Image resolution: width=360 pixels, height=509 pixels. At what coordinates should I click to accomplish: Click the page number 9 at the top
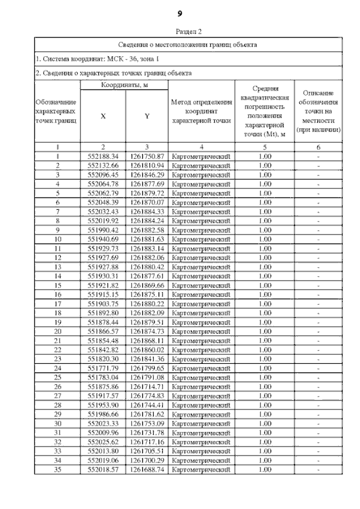point(180,12)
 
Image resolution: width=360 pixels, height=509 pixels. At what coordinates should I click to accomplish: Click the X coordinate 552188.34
point(103,156)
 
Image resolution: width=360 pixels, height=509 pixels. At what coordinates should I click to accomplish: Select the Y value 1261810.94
point(146,165)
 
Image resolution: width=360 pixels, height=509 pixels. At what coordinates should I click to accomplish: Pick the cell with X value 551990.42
point(103,230)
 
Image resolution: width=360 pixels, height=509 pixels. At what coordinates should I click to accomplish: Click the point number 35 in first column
point(57,469)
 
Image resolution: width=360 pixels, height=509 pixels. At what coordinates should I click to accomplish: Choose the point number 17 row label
point(57,303)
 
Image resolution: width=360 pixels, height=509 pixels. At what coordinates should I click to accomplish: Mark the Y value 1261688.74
point(146,469)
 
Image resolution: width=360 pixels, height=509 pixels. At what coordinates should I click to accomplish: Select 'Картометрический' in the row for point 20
point(201,331)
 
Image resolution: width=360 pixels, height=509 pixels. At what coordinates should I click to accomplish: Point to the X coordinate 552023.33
point(103,423)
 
